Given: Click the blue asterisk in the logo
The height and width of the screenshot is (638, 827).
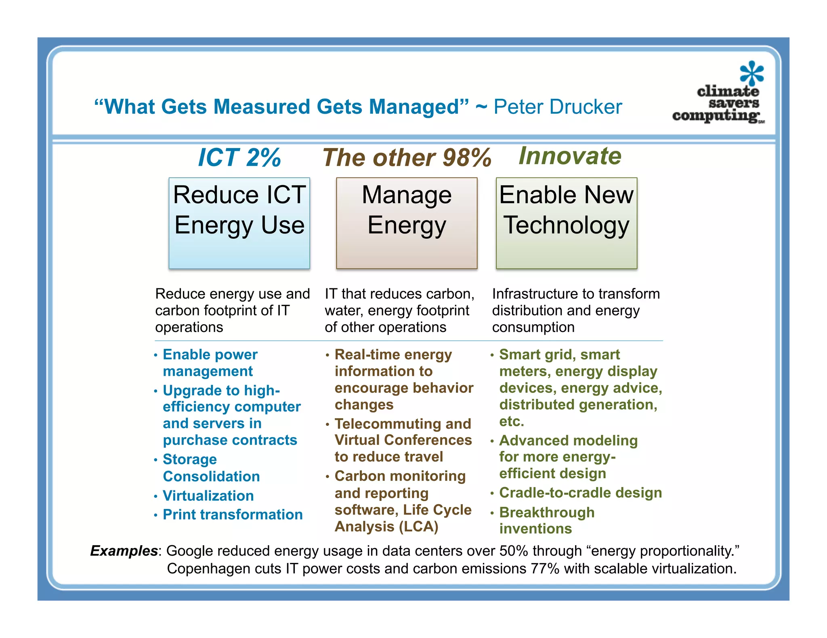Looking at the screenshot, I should pos(751,73).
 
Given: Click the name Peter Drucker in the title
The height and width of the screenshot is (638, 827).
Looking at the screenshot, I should pos(557,107).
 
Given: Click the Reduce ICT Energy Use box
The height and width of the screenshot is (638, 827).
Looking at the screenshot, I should pos(239,223).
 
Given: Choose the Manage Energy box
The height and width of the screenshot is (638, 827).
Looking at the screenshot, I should pos(407,223).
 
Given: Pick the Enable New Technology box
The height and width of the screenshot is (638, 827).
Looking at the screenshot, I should pos(566,223).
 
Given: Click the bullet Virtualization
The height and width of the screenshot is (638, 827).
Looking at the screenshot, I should pos(208,496).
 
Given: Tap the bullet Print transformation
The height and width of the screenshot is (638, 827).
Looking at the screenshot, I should pos(233,515).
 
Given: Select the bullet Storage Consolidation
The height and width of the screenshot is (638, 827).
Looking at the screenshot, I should pos(211,468).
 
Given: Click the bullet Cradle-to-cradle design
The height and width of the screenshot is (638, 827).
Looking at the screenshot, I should pos(580,493).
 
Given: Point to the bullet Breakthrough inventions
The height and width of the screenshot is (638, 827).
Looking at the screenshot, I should pos(546,520).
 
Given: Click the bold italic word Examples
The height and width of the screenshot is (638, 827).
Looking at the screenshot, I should pos(124,551).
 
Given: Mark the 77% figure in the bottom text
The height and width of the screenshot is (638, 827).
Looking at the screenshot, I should pos(545,569).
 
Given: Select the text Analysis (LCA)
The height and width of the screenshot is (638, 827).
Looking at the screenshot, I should pos(386,527).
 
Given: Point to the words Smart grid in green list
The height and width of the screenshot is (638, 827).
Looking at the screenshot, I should pos(537,354).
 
